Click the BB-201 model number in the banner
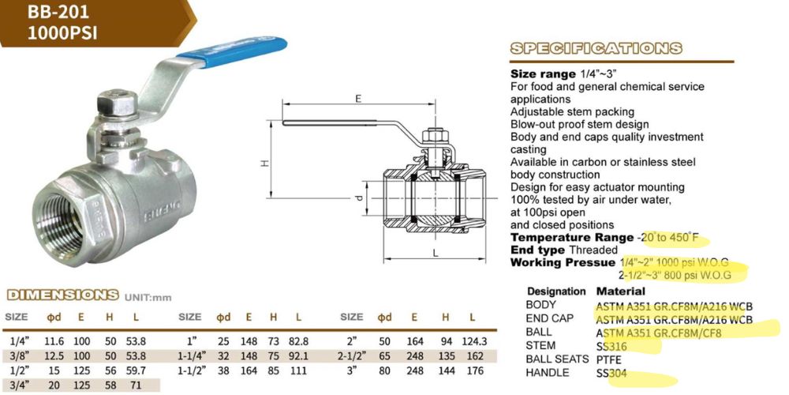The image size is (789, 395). (52, 12)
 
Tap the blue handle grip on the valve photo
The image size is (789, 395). (232, 51)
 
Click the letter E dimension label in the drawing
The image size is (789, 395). (357, 99)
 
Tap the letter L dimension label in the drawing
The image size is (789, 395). (436, 254)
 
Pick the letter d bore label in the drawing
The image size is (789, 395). (359, 198)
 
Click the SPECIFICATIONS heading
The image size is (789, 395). (596, 48)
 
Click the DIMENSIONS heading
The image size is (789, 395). (62, 295)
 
